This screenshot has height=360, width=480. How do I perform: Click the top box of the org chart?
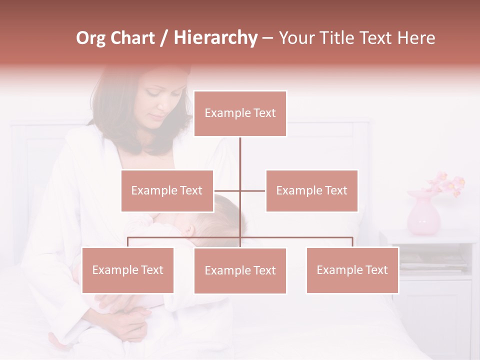click(240, 113)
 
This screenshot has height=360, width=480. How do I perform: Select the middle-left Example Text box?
click(167, 190)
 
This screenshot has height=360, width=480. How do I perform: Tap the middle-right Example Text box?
click(311, 190)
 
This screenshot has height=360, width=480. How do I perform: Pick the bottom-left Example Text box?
click(127, 270)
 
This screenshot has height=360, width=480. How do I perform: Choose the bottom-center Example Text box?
click(240, 270)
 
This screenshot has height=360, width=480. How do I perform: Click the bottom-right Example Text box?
click(352, 270)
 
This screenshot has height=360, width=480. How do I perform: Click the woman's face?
click(160, 100)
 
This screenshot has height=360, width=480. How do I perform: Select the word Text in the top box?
click(263, 113)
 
